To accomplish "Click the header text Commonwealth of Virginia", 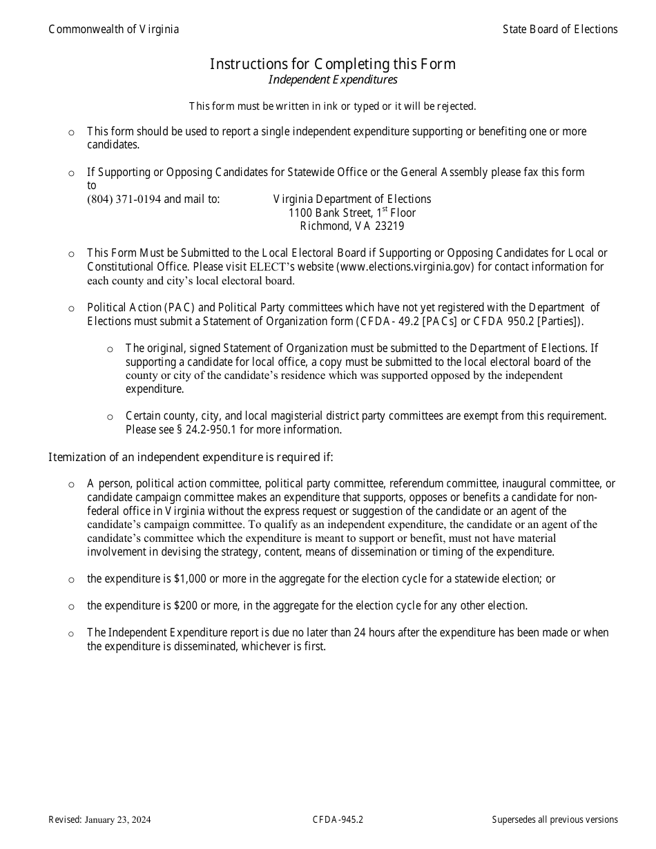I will [113, 29].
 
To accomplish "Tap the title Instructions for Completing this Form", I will [333, 64].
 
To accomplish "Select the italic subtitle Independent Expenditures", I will [333, 79].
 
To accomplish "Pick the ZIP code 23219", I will [390, 226].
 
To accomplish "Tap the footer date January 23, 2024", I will [118, 820].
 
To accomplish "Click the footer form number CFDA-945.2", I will [338, 820].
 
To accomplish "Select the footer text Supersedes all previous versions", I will [554, 820].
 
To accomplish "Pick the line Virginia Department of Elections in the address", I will [352, 199].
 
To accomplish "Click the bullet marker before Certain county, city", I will [110, 416].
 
